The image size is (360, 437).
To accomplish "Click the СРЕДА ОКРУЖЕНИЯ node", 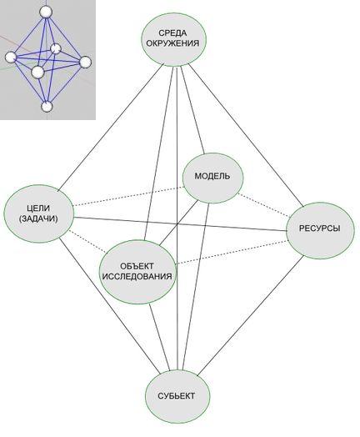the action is click(174, 39).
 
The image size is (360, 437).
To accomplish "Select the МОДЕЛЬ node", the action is click(212, 178).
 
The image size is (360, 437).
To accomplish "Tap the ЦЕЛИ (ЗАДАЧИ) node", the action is click(39, 213).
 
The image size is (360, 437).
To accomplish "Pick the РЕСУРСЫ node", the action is click(321, 230).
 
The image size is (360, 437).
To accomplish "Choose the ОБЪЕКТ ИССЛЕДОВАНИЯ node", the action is click(137, 272).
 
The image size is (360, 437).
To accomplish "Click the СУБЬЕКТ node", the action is click(177, 396).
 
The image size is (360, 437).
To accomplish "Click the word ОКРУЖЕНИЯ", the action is click(172, 43).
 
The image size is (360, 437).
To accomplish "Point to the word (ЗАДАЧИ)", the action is click(38, 218).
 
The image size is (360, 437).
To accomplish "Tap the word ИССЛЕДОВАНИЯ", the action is click(137, 277).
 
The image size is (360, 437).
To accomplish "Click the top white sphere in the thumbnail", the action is click(46, 12).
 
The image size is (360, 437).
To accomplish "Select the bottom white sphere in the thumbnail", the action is click(47, 107).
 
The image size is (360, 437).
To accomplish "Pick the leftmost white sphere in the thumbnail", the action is click(11, 58).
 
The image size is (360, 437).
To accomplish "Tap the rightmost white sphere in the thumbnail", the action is click(86, 62).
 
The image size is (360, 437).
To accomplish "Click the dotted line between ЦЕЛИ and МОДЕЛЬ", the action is click(128, 196).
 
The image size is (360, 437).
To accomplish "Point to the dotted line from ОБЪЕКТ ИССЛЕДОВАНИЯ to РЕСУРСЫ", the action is click(232, 253).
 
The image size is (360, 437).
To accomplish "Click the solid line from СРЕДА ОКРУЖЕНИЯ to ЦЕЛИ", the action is click(111, 127).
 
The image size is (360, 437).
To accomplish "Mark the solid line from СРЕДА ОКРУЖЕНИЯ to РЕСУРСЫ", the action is click(246, 135).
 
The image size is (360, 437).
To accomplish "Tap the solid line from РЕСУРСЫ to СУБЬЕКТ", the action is click(250, 316).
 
